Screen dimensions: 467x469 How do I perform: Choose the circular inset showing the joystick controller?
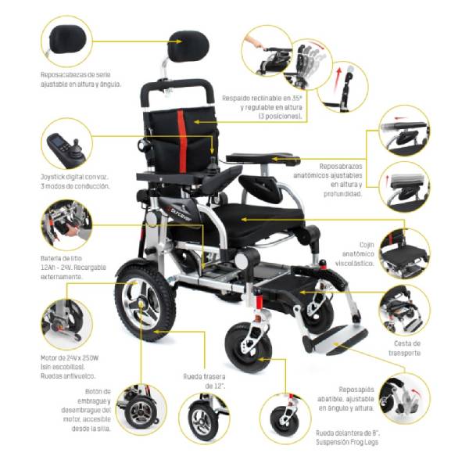click(x=68, y=142)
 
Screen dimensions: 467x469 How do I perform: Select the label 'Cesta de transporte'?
click(x=406, y=348)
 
